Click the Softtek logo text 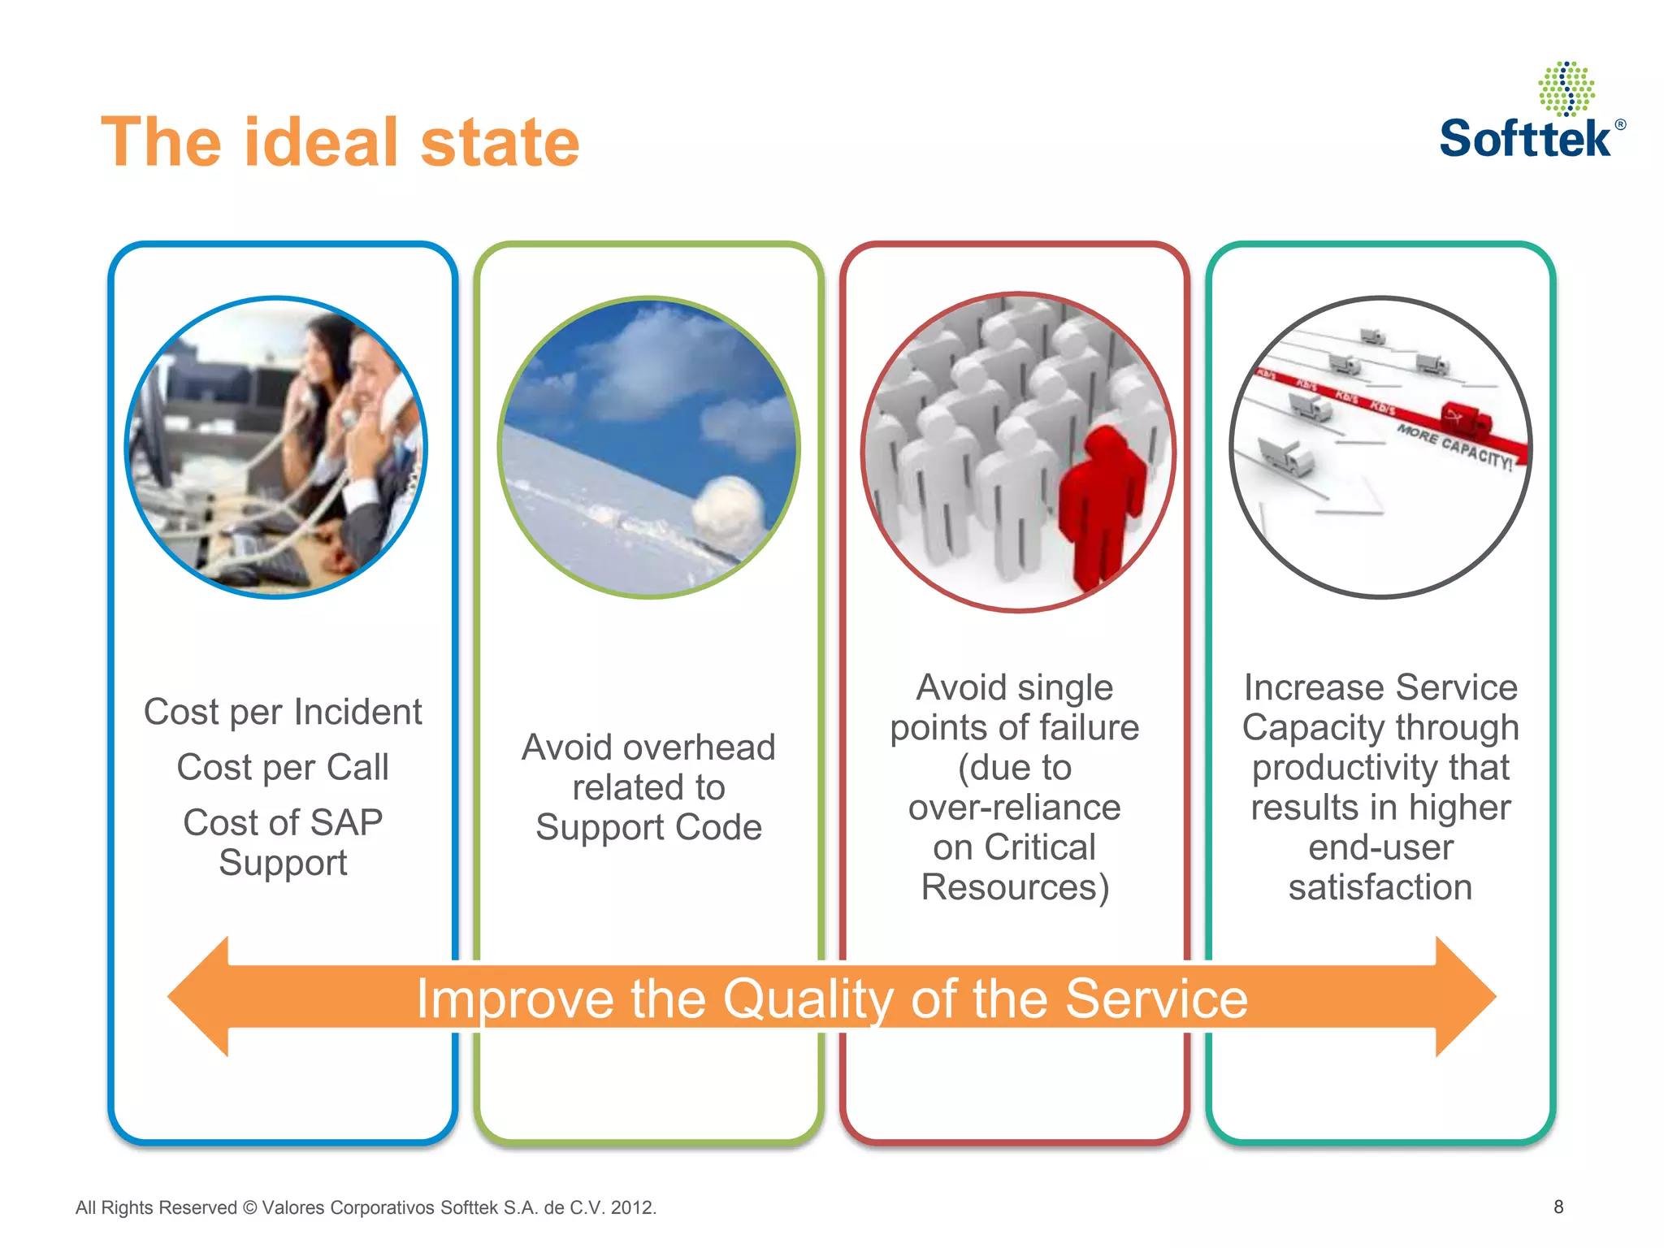[1525, 138]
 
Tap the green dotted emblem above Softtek [1566, 89]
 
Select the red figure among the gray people [1101, 504]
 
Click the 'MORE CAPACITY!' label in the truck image [1454, 446]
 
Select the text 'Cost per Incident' [283, 712]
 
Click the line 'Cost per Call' [283, 767]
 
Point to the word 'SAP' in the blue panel [346, 822]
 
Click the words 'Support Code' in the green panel [648, 827]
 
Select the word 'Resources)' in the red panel [1015, 887]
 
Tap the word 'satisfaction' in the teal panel [1380, 887]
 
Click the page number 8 [1558, 1207]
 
